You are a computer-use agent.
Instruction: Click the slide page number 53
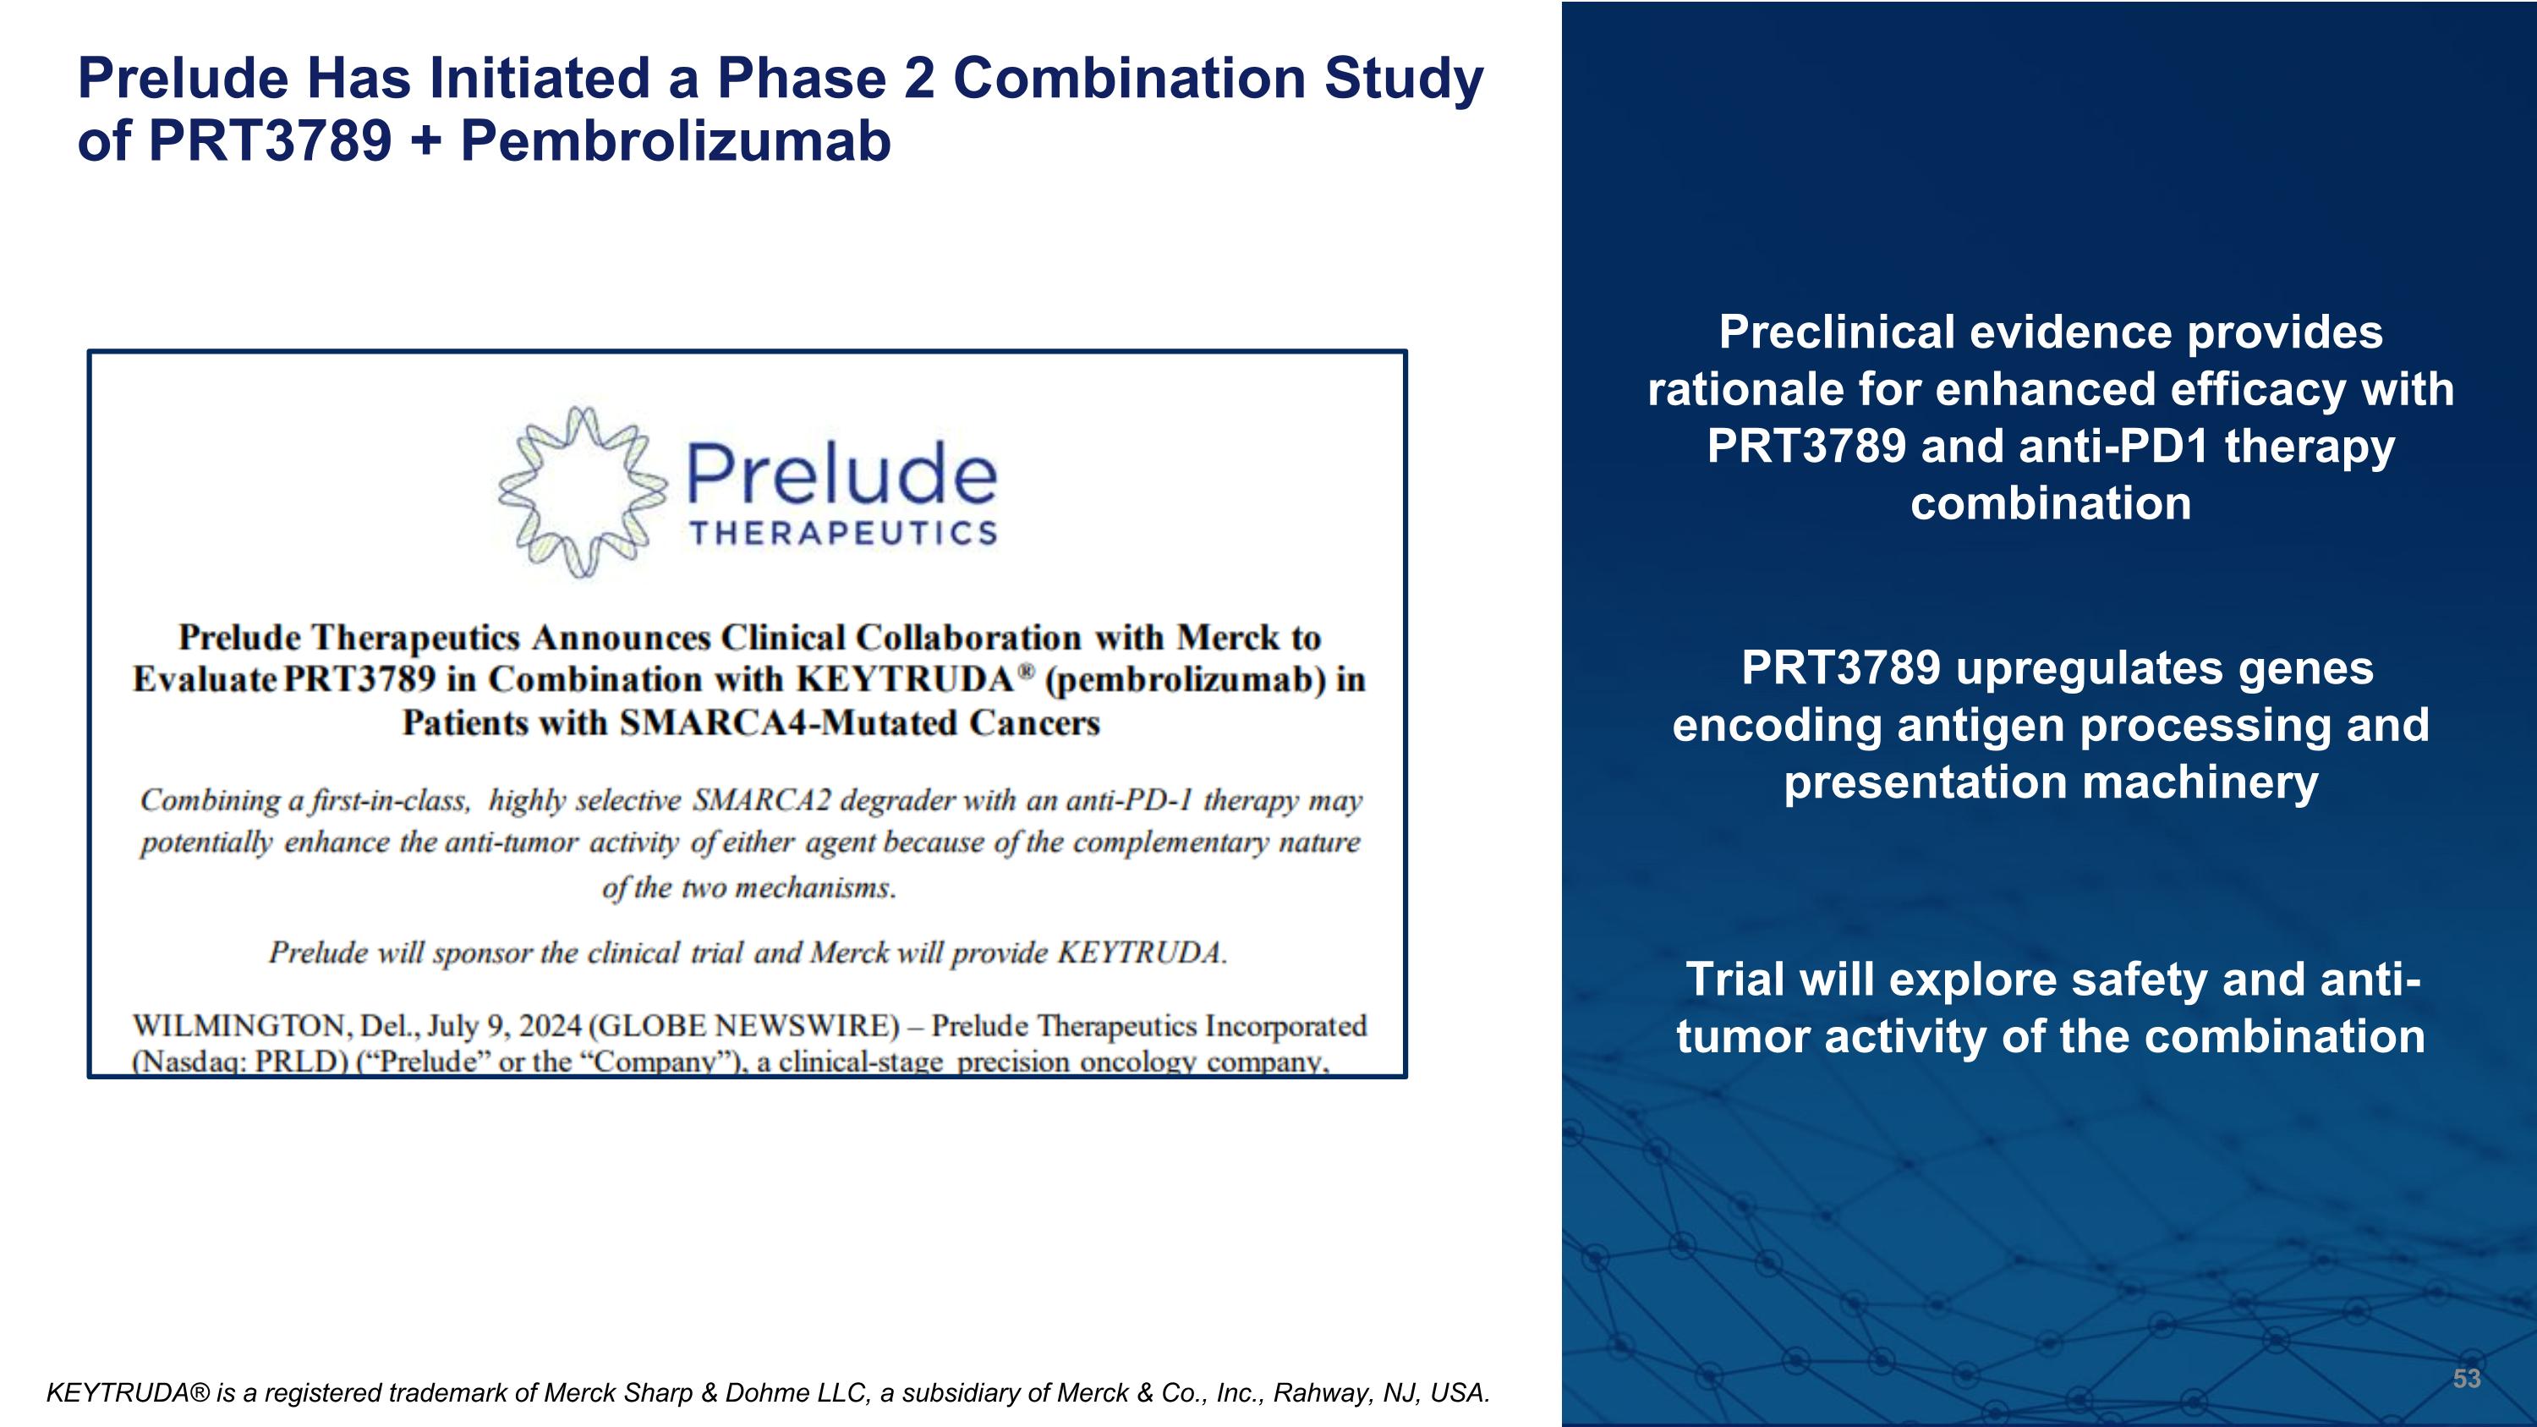click(2466, 1379)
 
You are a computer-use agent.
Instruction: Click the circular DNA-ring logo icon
click(582, 491)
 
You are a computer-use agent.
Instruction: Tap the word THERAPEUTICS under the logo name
click(844, 534)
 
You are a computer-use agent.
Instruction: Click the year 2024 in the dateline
click(550, 1026)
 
